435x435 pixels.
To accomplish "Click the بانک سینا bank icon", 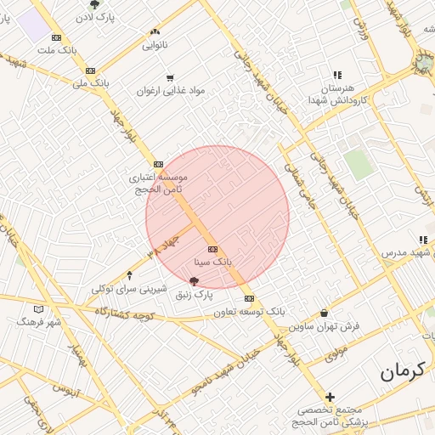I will point(212,249).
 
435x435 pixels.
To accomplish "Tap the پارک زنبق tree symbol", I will point(194,280).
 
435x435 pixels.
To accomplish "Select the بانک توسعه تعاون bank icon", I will point(249,298).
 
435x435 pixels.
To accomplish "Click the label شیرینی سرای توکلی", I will point(128,289).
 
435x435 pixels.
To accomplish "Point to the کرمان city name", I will point(400,371).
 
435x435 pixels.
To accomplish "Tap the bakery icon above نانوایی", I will point(154,30).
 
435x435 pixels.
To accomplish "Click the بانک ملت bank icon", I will point(56,37).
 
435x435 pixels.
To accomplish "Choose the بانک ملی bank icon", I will point(90,71).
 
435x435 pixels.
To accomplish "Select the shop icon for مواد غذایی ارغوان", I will point(171,78).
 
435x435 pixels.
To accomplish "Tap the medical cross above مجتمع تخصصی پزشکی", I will point(330,397).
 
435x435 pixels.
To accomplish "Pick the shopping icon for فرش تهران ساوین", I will point(324,313).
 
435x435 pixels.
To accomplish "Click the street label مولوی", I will point(336,348).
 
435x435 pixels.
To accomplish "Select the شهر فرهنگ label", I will point(39,323).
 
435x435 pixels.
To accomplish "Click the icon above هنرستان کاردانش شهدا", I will point(338,75).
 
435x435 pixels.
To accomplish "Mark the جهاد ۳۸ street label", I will point(164,240).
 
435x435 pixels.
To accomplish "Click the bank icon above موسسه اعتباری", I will point(158,164).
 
